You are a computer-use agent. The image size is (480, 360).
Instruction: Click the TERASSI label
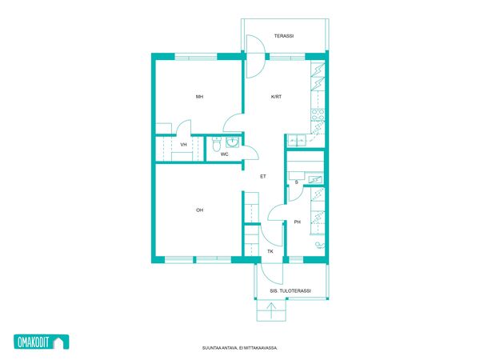[x=284, y=36]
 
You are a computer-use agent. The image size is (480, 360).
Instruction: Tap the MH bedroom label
[x=199, y=97]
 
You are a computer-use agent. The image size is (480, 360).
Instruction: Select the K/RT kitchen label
[x=276, y=97]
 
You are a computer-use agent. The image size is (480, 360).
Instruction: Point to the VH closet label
[x=183, y=145]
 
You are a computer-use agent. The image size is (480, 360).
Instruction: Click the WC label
[x=224, y=154]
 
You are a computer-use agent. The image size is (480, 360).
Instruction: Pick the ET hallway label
[x=263, y=176]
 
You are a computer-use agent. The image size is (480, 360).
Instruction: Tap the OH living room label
[x=199, y=210]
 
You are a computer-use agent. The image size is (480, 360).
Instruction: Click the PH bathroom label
[x=298, y=222]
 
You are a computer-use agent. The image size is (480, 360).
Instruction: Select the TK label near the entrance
[x=270, y=251]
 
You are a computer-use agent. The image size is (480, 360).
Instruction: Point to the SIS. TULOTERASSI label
[x=290, y=291]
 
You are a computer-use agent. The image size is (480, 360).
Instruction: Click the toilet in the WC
[x=217, y=144]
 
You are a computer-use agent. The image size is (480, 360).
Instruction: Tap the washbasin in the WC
[x=232, y=142]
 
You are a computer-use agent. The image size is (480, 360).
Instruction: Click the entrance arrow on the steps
[x=271, y=311]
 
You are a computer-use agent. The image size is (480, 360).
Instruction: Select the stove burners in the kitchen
[x=318, y=115]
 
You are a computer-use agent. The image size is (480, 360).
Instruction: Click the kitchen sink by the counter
[x=296, y=140]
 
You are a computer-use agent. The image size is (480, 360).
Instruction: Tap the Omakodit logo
[x=42, y=342]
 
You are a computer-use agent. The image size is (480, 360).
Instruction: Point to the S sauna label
[x=296, y=182]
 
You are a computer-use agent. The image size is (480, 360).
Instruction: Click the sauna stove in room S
[x=315, y=179]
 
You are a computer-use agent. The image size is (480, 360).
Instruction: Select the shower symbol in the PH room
[x=320, y=245]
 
